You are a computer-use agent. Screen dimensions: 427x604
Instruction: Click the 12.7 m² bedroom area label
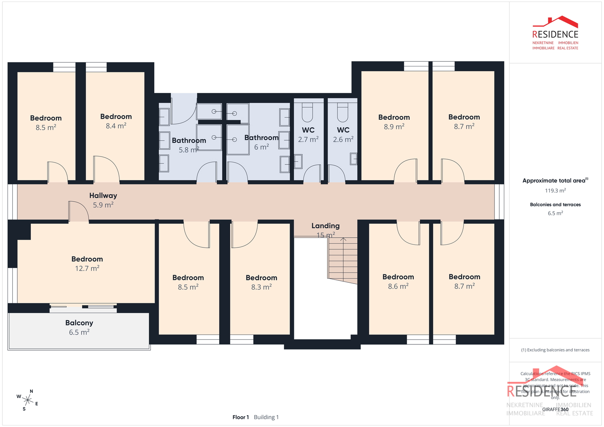click(87, 268)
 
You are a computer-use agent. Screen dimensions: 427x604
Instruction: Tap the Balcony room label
click(79, 323)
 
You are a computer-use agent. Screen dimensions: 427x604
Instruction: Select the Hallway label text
click(103, 196)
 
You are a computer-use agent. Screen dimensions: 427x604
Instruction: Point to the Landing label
click(325, 226)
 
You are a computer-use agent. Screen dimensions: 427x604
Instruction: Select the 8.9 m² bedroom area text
click(394, 127)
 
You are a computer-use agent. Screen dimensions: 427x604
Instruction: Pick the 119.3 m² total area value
click(555, 191)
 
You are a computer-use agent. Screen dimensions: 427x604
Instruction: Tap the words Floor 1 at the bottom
click(240, 417)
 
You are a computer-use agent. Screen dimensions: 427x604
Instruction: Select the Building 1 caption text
click(266, 417)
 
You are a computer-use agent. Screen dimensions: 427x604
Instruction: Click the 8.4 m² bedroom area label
click(116, 126)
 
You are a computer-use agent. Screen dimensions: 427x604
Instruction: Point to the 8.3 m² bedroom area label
click(261, 287)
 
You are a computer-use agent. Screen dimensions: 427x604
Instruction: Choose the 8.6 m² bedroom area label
click(398, 286)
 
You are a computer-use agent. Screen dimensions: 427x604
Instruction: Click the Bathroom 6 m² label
click(261, 142)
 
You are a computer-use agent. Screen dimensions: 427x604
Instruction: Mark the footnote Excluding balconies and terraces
click(555, 350)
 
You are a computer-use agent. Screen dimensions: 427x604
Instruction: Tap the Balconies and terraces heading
click(555, 204)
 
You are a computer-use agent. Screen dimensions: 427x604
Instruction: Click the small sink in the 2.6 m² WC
click(354, 159)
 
